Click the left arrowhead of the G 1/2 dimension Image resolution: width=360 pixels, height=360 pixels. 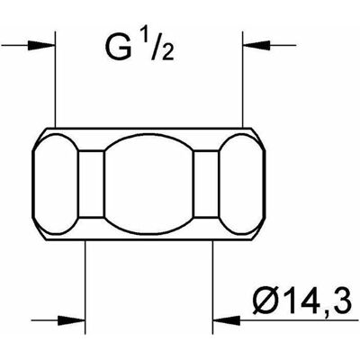click(x=41, y=46)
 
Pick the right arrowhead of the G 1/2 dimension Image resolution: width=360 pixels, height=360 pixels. click(x=256, y=46)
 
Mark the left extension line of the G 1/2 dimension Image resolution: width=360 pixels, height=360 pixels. click(x=56, y=78)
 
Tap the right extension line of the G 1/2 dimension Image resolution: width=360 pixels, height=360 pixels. click(x=243, y=78)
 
